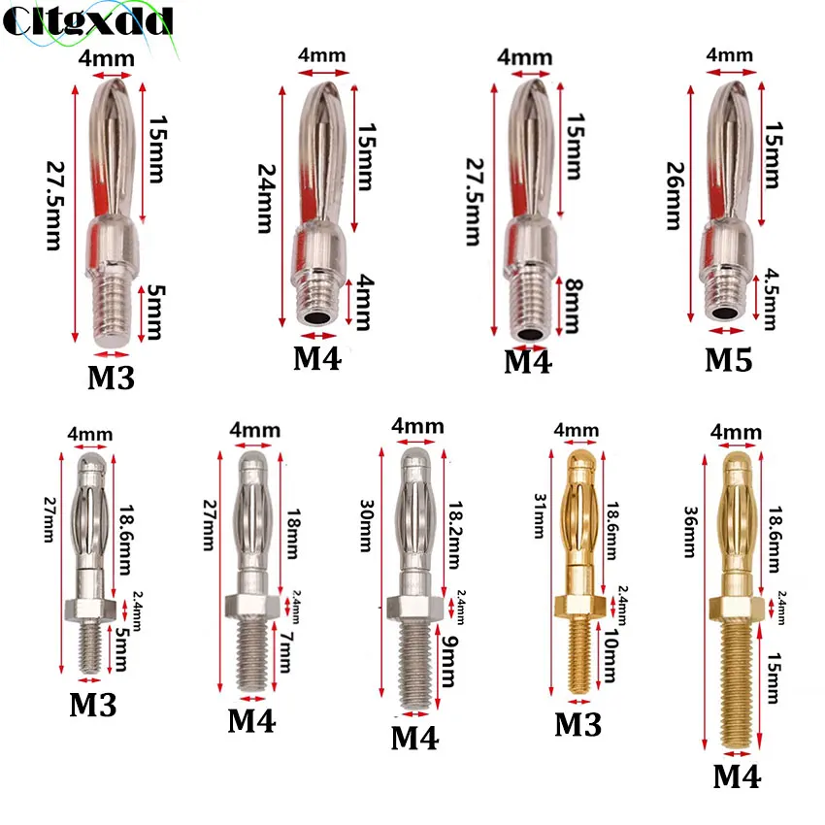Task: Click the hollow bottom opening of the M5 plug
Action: [x=726, y=313]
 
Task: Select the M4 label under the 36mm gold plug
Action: [x=738, y=776]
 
